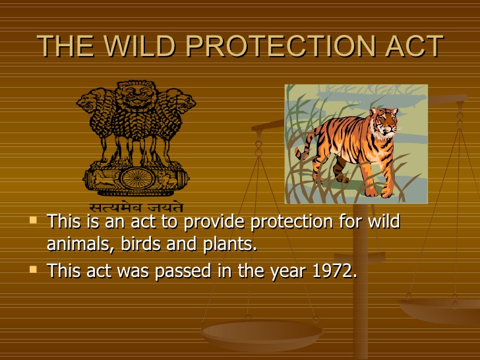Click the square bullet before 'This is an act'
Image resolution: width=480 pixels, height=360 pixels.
[33, 220]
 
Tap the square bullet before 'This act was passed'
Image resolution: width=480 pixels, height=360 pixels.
[33, 270]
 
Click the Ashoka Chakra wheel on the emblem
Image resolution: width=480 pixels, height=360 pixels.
[136, 179]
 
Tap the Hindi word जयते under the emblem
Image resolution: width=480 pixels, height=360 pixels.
[165, 208]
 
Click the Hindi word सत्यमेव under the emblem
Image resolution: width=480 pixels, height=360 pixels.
[116, 208]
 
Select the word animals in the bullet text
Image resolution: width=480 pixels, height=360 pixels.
[80, 244]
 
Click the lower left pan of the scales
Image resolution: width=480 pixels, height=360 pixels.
[262, 334]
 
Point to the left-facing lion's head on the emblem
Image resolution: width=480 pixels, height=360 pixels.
[89, 102]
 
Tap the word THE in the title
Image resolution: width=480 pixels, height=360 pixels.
[65, 46]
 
